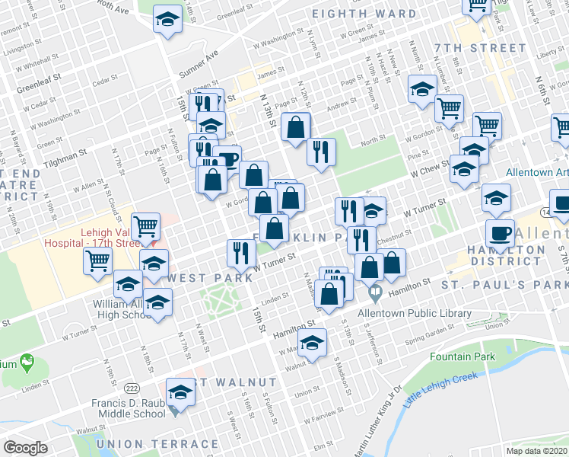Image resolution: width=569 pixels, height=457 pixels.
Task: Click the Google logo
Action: [x=25, y=447]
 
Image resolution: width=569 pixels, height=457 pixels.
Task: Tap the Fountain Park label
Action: [x=462, y=356]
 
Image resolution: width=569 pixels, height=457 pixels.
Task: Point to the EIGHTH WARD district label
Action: [x=364, y=14]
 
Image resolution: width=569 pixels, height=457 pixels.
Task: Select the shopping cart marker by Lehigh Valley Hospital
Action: [x=145, y=226]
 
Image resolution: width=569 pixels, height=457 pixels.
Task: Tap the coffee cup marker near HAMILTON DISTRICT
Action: [x=501, y=234]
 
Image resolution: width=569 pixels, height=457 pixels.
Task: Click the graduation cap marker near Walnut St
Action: [x=312, y=343]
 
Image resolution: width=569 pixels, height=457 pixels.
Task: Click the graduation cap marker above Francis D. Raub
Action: [x=181, y=391]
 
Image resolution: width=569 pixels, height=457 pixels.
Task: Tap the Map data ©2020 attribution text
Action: [x=536, y=449]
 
